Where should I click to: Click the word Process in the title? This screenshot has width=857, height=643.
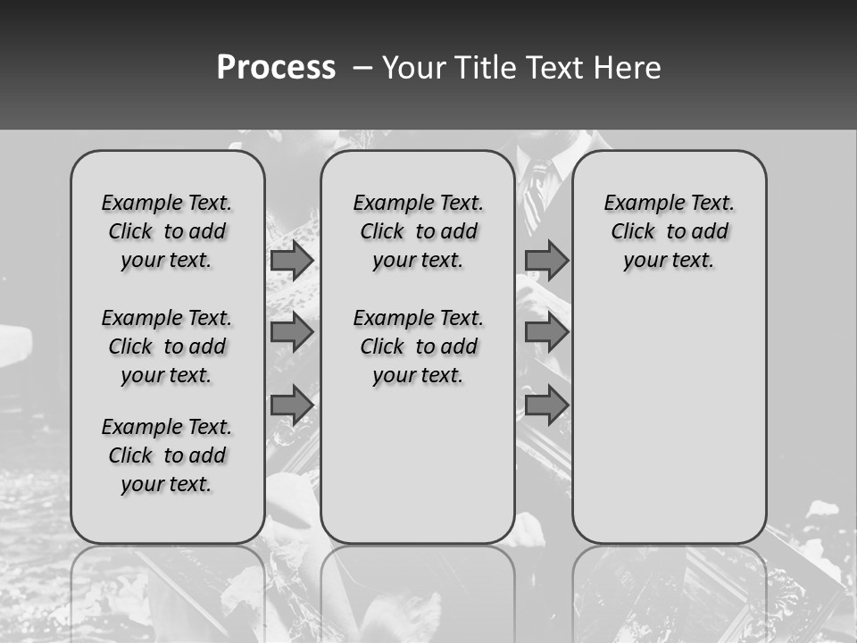tap(276, 68)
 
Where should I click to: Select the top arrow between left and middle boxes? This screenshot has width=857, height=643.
tap(292, 260)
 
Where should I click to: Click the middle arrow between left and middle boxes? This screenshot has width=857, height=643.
tap(292, 332)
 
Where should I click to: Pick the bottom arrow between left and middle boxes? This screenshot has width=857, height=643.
tap(292, 405)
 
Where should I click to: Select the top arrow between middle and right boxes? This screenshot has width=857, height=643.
tap(546, 260)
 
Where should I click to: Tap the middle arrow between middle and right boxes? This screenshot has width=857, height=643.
tap(546, 332)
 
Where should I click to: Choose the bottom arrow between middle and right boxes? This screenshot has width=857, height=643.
tap(546, 405)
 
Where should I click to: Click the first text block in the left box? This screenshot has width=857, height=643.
tap(167, 231)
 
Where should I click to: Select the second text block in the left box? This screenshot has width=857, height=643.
tap(167, 347)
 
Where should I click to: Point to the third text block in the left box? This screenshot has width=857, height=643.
tap(167, 455)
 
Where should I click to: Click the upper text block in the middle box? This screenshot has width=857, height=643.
tap(418, 231)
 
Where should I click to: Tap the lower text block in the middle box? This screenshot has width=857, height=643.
tap(418, 347)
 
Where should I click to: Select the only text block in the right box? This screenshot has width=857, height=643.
tap(669, 231)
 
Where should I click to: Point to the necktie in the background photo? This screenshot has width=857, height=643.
tap(536, 192)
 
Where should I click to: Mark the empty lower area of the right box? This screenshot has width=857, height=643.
tap(669, 411)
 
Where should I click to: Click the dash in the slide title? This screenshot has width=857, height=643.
tap(362, 68)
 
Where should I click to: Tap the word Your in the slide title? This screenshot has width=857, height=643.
tap(413, 68)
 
